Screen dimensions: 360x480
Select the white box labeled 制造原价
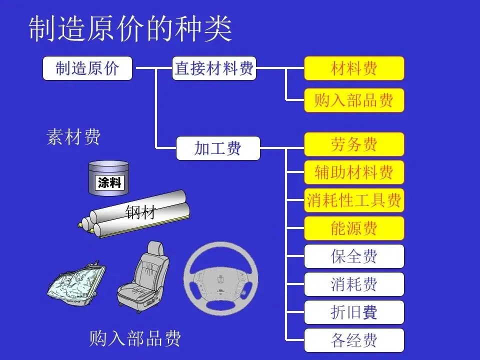(87, 68)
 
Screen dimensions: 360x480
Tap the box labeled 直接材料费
(214, 68)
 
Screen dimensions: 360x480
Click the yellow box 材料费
(354, 68)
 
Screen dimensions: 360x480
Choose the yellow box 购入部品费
(354, 100)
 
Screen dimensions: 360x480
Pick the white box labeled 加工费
(218, 148)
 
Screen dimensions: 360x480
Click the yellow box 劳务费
(354, 144)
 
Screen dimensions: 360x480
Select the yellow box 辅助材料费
(354, 172)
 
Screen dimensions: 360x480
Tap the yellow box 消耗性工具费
(354, 200)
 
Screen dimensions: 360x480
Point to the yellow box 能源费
(354, 228)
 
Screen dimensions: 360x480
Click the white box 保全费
(354, 256)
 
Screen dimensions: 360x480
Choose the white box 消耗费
(354, 284)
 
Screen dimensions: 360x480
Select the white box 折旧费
(354, 312)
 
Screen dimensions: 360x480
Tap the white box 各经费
(354, 340)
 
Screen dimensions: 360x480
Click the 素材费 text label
(73, 136)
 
